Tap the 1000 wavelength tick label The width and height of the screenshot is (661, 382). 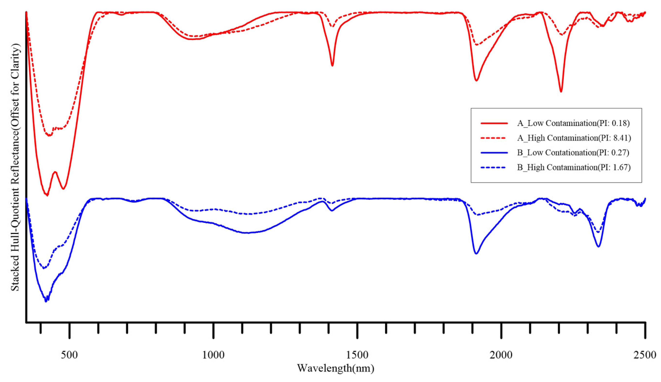(213, 355)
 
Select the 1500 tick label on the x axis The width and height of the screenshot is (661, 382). (357, 355)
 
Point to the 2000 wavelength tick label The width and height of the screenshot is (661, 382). (501, 355)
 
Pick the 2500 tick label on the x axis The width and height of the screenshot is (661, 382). (645, 355)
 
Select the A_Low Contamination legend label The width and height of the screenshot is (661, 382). (573, 123)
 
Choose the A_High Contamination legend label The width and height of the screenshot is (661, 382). (574, 138)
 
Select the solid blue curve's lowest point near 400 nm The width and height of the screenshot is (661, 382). (46, 302)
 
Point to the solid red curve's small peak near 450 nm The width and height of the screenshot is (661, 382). (55, 172)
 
